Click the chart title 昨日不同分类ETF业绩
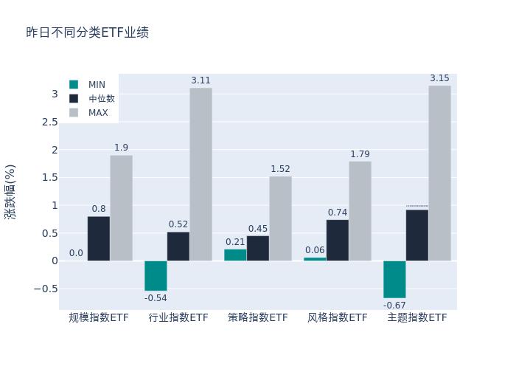[x=88, y=32]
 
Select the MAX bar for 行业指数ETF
[x=201, y=174]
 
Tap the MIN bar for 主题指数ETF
[x=394, y=279]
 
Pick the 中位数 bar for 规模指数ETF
[x=99, y=238]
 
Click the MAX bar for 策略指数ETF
[x=280, y=218]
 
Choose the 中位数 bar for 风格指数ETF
[x=338, y=240]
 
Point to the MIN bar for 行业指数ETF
[x=156, y=275]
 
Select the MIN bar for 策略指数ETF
[x=235, y=255]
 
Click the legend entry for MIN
[x=88, y=85]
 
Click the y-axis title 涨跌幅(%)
[x=10, y=191]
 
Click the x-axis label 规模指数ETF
[x=99, y=317]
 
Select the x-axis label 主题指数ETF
[x=417, y=317]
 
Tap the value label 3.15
[x=439, y=78]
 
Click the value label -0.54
[x=156, y=298]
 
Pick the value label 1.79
[x=360, y=154]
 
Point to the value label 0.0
[x=77, y=253]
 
